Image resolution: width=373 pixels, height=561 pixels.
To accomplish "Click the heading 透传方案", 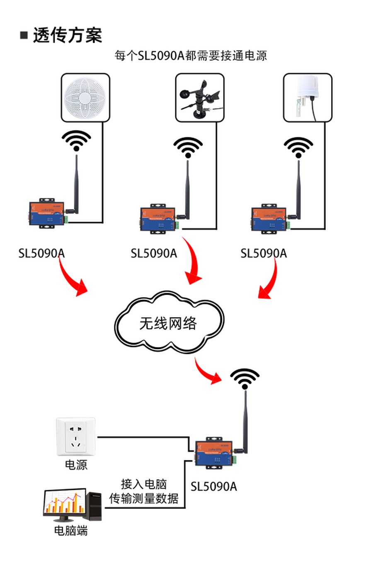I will coord(67,36).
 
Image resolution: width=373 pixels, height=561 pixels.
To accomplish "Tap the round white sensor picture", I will coord(85,98).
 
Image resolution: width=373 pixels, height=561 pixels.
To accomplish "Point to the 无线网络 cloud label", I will coord(168,323).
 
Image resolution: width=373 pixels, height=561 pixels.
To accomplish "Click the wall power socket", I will coord(76,436).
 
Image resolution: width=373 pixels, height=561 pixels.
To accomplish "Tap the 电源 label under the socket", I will coord(76,465).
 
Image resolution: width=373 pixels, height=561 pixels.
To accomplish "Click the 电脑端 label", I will coord(71,530).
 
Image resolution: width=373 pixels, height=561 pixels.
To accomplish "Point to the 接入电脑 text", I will coord(144,484).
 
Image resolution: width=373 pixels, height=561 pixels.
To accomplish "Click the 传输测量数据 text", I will coord(144,498).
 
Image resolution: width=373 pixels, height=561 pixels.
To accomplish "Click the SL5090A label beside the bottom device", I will coord(213,486).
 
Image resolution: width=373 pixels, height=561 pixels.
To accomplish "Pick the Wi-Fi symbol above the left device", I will coord(76,141).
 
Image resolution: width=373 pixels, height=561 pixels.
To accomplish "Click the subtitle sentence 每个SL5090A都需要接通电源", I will coord(191,55).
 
